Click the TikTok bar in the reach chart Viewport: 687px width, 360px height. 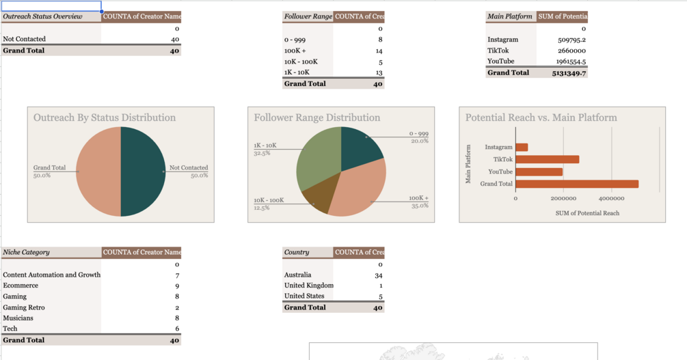(x=547, y=159)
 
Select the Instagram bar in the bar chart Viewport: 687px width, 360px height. (x=522, y=147)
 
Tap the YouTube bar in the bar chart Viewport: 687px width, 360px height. (x=539, y=171)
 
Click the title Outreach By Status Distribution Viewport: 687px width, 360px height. (x=105, y=117)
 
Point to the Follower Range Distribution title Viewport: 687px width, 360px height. (x=317, y=117)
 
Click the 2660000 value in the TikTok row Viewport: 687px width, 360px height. (x=571, y=51)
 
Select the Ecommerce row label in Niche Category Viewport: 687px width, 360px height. (x=21, y=286)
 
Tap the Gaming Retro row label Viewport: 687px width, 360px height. (x=24, y=307)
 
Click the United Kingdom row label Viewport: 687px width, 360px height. (x=308, y=286)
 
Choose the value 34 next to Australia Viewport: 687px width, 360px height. (x=379, y=275)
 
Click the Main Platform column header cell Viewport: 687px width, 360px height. (x=510, y=16)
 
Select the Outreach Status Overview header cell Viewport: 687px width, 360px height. (x=42, y=16)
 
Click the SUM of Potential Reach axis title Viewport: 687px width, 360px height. (x=587, y=213)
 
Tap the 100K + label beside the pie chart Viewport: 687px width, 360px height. (x=418, y=198)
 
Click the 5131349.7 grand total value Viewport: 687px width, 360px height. (x=569, y=72)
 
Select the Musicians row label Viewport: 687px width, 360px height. (x=18, y=318)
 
